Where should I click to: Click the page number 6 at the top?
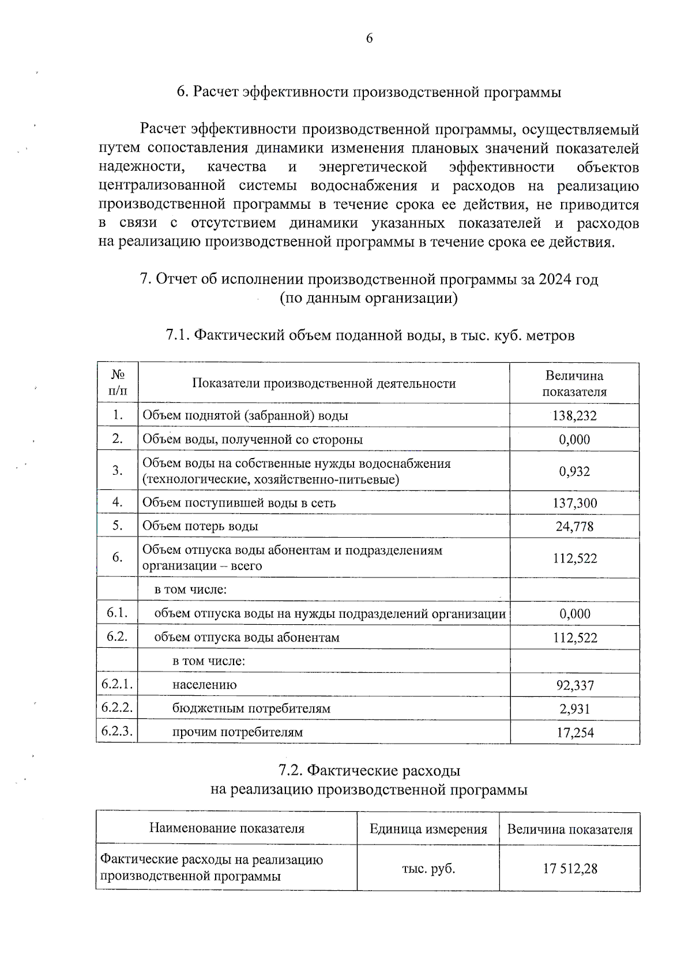(x=369, y=39)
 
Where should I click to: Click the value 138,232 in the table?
(x=574, y=415)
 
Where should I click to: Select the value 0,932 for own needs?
(x=574, y=471)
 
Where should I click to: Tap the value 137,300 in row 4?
(x=574, y=503)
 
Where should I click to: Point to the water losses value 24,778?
(x=574, y=526)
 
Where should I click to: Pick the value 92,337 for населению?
(x=575, y=685)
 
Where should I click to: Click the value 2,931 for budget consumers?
(x=575, y=709)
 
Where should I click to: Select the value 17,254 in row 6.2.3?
(x=575, y=733)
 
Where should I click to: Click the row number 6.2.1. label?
(x=117, y=684)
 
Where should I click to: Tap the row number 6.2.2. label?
(x=117, y=707)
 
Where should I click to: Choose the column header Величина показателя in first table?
(x=574, y=384)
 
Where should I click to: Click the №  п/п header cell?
(x=118, y=382)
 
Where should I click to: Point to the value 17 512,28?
(x=570, y=869)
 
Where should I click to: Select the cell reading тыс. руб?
(x=428, y=869)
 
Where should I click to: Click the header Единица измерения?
(x=428, y=830)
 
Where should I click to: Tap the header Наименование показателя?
(x=227, y=828)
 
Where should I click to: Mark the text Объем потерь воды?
(x=200, y=526)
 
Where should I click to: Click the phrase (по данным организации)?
(x=368, y=298)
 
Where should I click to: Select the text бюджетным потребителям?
(x=251, y=708)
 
